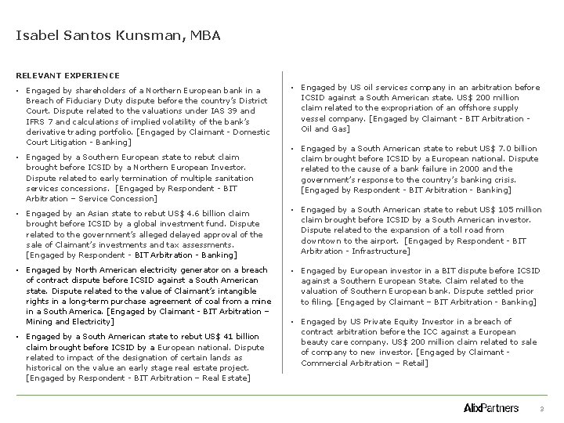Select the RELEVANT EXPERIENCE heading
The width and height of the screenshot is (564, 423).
pos(67,75)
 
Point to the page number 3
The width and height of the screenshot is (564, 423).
pos(540,408)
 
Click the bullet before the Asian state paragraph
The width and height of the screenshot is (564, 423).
pos(18,212)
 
